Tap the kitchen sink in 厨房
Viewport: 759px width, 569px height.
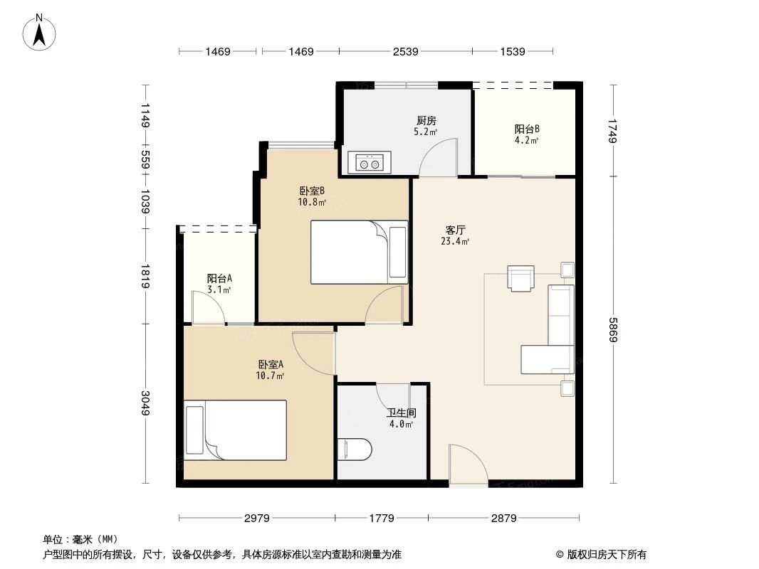tap(369, 163)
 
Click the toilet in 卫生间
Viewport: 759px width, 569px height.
tap(354, 450)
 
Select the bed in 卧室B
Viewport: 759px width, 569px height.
tap(359, 252)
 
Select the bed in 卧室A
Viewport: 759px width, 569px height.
tap(236, 430)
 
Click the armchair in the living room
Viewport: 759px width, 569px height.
tap(520, 278)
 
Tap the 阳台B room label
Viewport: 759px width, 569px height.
tap(527, 129)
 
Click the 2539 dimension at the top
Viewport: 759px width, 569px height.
tap(405, 51)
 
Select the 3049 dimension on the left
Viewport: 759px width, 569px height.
tap(145, 404)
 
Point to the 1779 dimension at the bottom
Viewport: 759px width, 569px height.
tap(382, 518)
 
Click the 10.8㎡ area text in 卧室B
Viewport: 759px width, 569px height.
tap(312, 202)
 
